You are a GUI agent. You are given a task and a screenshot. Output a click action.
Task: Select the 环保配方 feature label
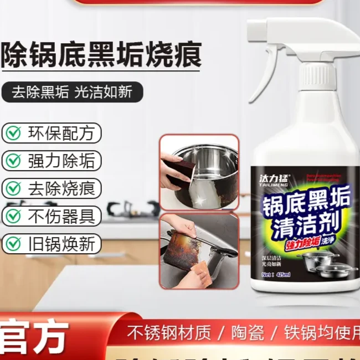pos(52,133)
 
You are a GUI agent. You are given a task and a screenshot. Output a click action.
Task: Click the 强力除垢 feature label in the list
pos(52,161)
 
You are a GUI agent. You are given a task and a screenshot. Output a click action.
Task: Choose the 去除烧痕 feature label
pos(52,188)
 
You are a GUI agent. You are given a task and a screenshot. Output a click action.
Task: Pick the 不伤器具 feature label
pos(52,216)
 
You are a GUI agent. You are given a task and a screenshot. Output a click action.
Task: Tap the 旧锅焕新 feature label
pos(52,243)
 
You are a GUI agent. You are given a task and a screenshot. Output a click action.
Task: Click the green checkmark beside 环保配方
pos(12,133)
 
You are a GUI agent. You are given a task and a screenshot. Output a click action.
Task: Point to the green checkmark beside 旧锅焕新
pos(12,243)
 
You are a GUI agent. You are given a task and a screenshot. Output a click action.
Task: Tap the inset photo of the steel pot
pos(199,171)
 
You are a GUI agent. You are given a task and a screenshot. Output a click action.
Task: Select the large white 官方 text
pos(34,336)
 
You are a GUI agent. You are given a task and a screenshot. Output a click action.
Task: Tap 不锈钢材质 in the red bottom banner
pos(169,333)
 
